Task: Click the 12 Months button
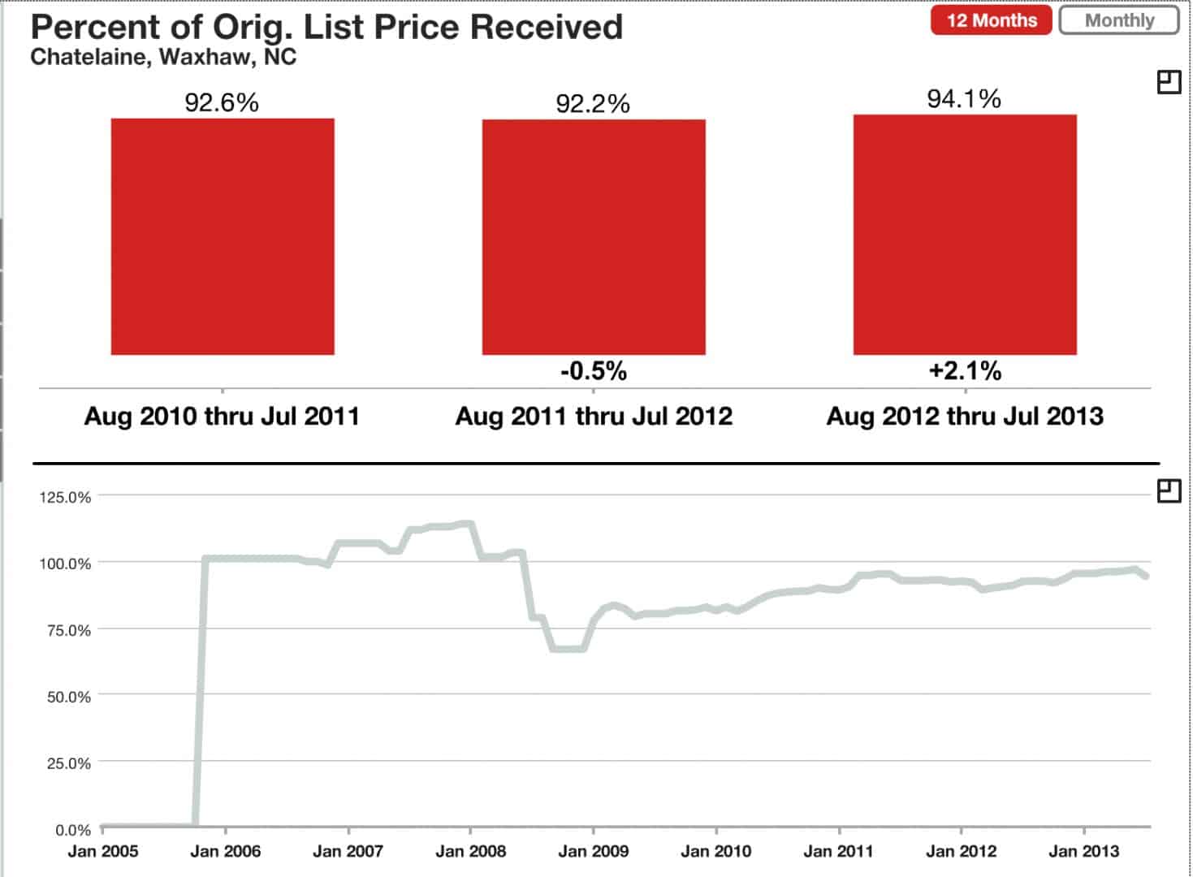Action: pyautogui.click(x=991, y=20)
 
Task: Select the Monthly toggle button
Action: pyautogui.click(x=1119, y=20)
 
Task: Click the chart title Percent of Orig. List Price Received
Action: pyautogui.click(x=326, y=27)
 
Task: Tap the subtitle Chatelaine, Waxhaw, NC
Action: pyautogui.click(x=163, y=58)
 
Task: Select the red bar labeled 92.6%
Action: pyautogui.click(x=223, y=236)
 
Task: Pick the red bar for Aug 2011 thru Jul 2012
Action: pyautogui.click(x=594, y=237)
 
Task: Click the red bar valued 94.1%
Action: pyautogui.click(x=965, y=235)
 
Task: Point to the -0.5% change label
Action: pyautogui.click(x=594, y=371)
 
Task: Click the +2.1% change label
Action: pyautogui.click(x=965, y=371)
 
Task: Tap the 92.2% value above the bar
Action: pyautogui.click(x=593, y=104)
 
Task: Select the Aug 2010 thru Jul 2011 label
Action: pyautogui.click(x=222, y=417)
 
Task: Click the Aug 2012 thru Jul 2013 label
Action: pyautogui.click(x=965, y=417)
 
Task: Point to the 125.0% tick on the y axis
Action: pyautogui.click(x=65, y=497)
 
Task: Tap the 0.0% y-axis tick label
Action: pyautogui.click(x=72, y=830)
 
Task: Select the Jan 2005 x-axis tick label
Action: pyautogui.click(x=102, y=851)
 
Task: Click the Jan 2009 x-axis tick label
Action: pyautogui.click(x=593, y=851)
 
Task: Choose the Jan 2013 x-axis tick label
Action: pyautogui.click(x=1083, y=851)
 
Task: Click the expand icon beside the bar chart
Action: pyautogui.click(x=1169, y=82)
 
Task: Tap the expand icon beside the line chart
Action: pyautogui.click(x=1169, y=490)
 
